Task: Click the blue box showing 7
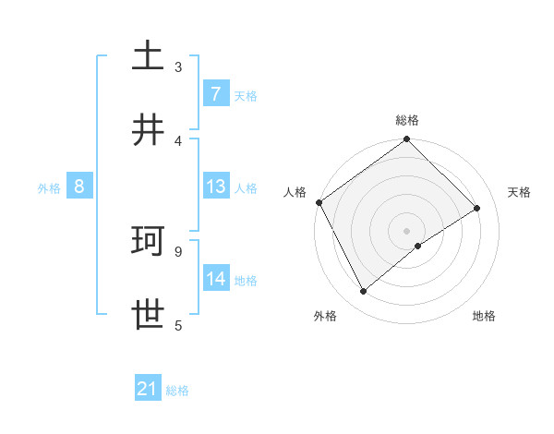(215, 93)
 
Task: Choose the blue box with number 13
(215, 187)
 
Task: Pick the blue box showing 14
(215, 279)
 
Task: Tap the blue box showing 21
(148, 390)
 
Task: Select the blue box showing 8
(79, 187)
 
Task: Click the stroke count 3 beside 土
(178, 66)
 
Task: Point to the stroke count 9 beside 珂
(178, 251)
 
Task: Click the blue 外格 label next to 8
(49, 187)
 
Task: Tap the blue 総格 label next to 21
(177, 391)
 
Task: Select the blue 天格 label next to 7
(246, 95)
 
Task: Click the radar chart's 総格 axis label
(407, 120)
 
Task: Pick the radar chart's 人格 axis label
(295, 191)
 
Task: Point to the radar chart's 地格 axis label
(484, 316)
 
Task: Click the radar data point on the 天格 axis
(477, 208)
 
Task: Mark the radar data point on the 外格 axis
(363, 292)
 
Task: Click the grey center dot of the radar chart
(407, 230)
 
